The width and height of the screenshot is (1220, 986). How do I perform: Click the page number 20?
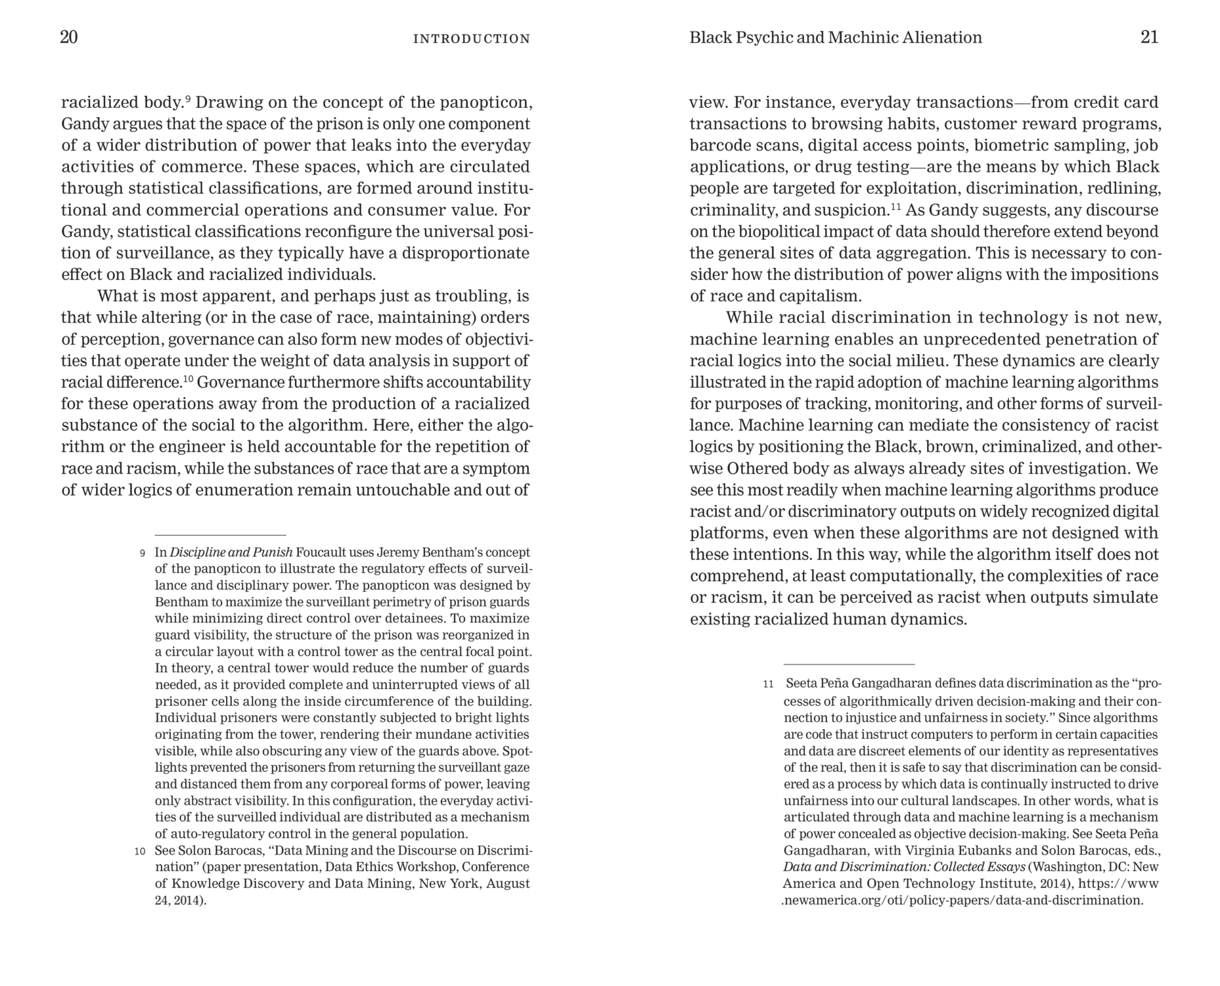69,37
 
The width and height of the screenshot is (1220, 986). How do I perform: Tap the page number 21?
1149,37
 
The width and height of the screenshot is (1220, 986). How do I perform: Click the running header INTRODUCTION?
471,39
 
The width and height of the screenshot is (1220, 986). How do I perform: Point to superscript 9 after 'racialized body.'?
188,99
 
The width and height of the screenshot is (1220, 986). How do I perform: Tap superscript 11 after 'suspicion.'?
895,206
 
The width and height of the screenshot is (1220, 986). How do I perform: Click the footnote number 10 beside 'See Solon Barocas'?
139,851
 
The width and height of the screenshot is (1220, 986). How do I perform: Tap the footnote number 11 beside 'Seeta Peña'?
768,684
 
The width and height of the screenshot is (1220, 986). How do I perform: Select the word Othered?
757,469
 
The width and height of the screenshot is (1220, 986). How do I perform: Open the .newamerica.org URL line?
962,901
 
